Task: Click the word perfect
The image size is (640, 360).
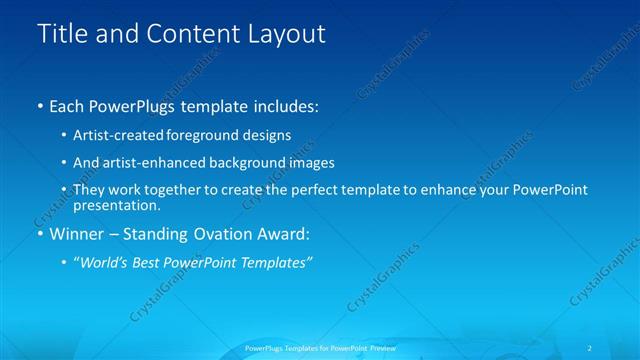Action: (324, 190)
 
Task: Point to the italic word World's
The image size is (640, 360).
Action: (104, 262)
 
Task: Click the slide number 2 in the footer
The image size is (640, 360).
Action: (590, 348)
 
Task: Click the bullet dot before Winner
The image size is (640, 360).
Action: (39, 234)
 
